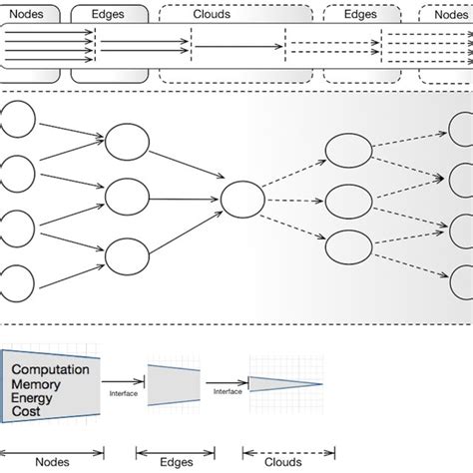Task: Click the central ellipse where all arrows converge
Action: pos(242,199)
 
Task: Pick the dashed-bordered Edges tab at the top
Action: pos(361,15)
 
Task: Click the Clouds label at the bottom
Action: pos(283,463)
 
